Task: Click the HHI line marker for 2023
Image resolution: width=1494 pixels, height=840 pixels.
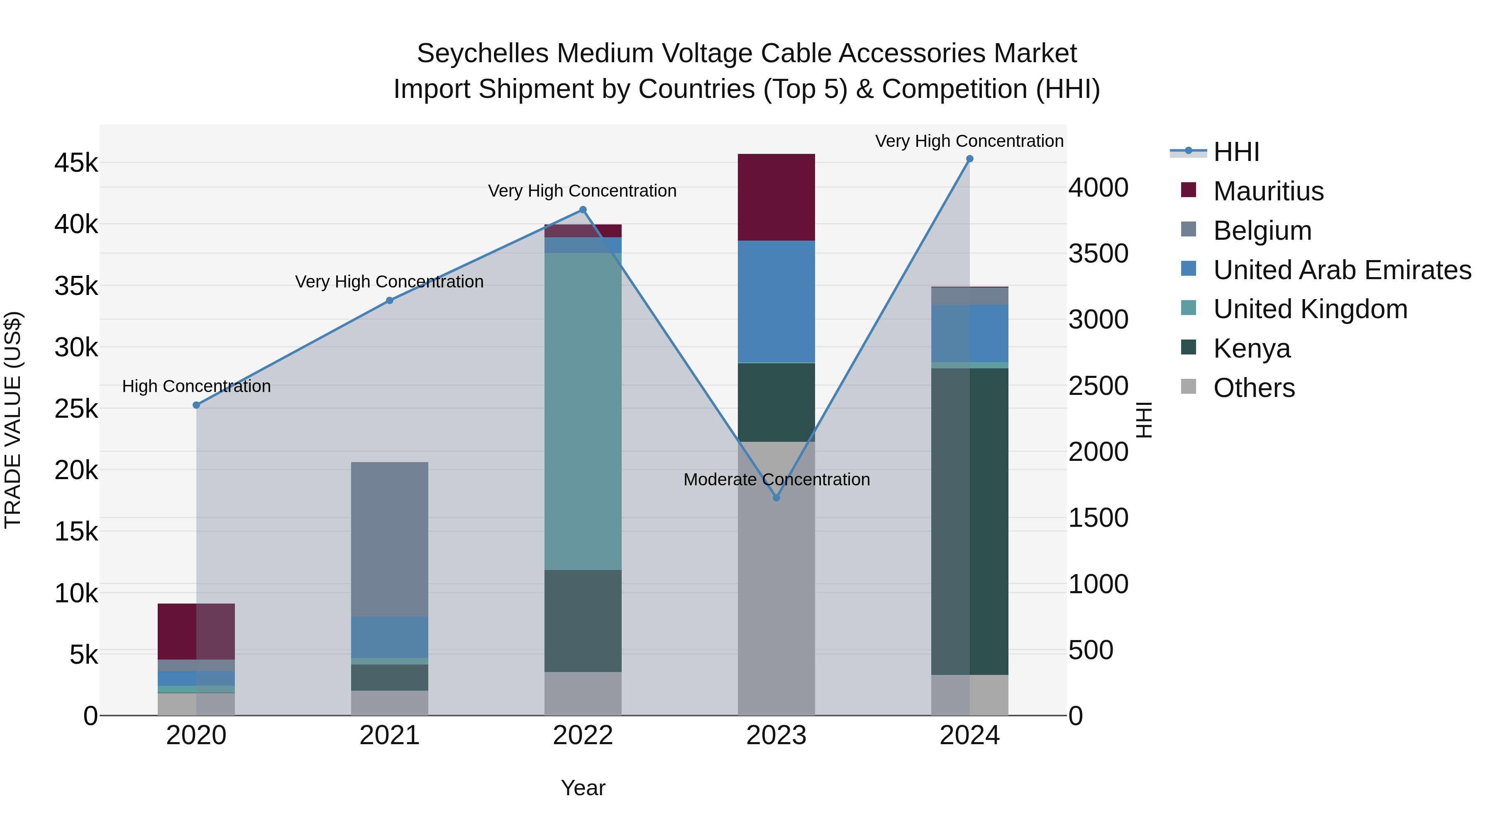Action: [776, 497]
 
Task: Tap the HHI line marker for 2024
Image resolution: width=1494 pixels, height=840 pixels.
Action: [970, 159]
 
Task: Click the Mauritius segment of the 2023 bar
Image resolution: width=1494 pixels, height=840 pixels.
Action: [776, 197]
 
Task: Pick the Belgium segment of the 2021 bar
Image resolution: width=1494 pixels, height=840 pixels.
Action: [390, 539]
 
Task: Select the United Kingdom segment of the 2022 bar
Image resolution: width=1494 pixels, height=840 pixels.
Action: [583, 411]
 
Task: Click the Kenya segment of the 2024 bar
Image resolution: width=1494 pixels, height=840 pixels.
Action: [970, 522]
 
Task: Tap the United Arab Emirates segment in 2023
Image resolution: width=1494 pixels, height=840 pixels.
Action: [776, 302]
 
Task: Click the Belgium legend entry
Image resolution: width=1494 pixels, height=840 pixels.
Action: [1262, 231]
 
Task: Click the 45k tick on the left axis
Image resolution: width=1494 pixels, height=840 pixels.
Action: [76, 163]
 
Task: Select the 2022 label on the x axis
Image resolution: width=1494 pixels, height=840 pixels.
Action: [583, 735]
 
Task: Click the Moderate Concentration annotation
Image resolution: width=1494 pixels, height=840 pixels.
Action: [776, 480]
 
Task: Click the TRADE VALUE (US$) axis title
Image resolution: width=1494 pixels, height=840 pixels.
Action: [13, 420]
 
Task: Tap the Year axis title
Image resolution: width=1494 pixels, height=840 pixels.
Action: [583, 788]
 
